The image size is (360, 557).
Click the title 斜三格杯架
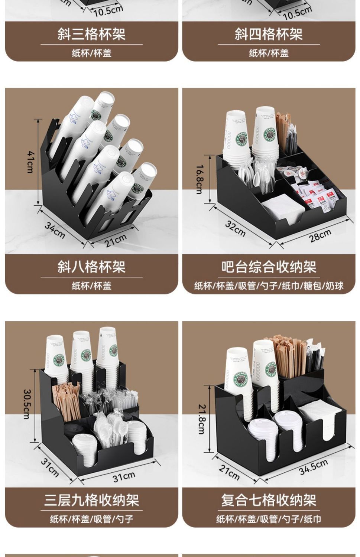(91, 34)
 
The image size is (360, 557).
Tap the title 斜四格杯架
(269, 34)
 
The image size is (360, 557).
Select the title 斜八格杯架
(91, 267)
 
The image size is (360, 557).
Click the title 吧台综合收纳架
(269, 267)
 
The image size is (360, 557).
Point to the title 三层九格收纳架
(91, 500)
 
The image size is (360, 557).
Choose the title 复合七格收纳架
(269, 500)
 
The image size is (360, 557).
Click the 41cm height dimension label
(31, 162)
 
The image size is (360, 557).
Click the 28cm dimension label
(320, 235)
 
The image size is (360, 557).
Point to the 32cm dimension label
(235, 228)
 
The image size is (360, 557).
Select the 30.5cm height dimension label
(27, 404)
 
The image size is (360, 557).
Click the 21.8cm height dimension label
(201, 414)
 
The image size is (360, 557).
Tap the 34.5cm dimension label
(313, 467)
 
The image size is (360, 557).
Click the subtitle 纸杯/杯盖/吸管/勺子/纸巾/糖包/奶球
(269, 286)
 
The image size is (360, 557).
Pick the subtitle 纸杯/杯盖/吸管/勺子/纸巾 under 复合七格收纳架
(269, 519)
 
